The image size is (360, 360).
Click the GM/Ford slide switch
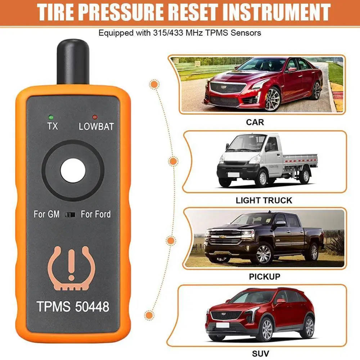coord(71,215)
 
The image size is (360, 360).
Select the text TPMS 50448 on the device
coord(73,307)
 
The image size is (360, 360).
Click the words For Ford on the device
coord(95,215)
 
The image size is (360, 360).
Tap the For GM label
coord(47,215)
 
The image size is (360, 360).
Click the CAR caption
coord(255,122)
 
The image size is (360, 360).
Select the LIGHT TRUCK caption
coord(264,200)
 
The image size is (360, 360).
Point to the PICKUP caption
coord(264,276)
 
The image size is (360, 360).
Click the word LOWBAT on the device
coord(96,126)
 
